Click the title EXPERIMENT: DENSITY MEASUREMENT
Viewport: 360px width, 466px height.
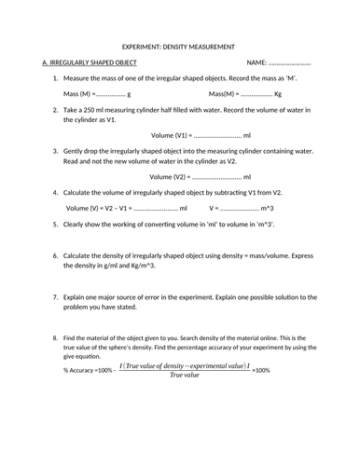[180, 46]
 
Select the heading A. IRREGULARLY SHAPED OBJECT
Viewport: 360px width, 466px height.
[90, 62]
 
